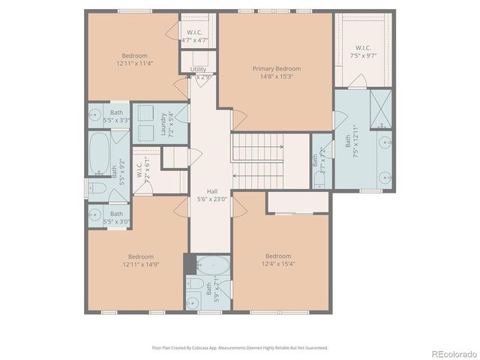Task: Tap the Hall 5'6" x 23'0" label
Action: (211, 195)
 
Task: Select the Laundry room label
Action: (163, 125)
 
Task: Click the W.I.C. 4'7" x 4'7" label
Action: (194, 36)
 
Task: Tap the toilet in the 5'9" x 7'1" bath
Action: (192, 291)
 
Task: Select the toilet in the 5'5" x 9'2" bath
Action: (97, 187)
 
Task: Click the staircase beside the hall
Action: (259, 161)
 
